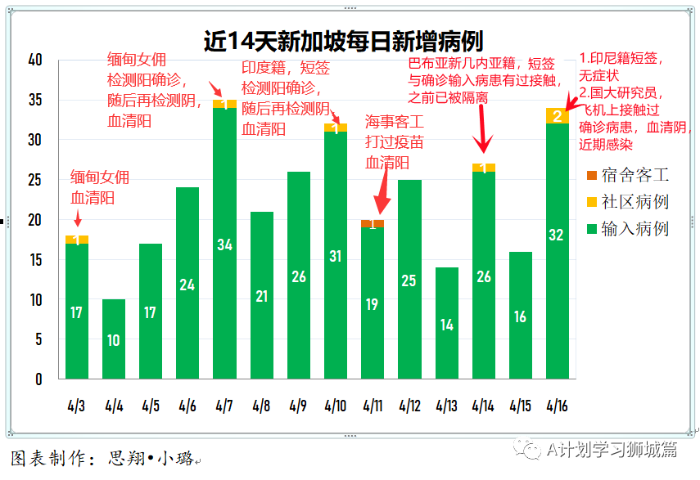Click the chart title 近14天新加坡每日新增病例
coord(344,41)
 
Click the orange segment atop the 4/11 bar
coord(373,223)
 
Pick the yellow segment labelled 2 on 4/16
coord(558,116)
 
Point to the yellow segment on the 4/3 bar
coord(76,239)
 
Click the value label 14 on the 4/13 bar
coord(446,324)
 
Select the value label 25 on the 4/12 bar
coord(409,280)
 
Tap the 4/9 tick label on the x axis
coord(299,406)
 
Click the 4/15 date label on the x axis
coord(521,406)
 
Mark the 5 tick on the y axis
coord(39,339)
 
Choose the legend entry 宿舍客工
coord(627,175)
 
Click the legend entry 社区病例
coord(627,201)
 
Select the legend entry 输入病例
coord(627,228)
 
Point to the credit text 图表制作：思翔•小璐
coord(102,459)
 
